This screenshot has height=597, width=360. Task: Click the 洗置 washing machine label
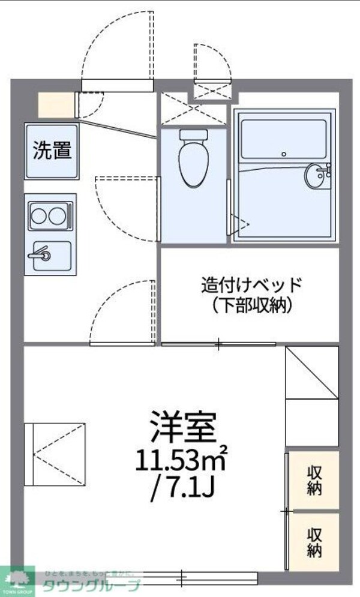point(52,151)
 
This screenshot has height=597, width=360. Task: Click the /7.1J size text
point(183,496)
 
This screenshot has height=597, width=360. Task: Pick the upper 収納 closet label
point(314,480)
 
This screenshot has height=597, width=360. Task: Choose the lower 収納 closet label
point(314,542)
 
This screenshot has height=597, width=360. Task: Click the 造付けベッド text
point(251,284)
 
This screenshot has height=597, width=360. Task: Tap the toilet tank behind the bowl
point(193,134)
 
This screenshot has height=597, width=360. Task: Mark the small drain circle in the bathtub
point(282,153)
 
